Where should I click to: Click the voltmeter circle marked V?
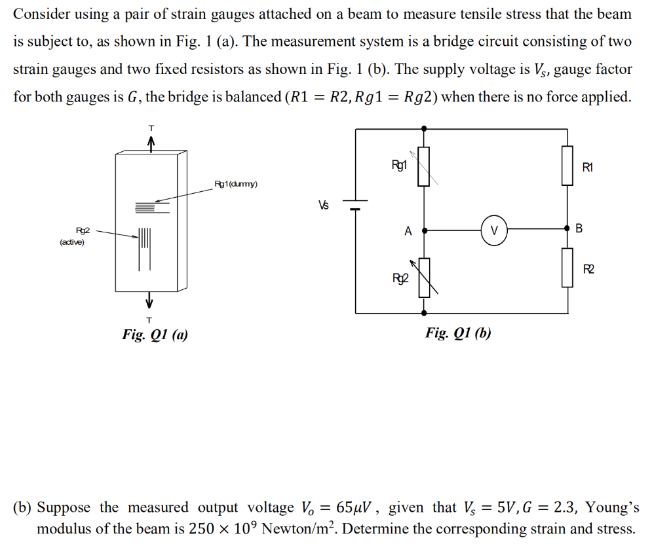click(495, 230)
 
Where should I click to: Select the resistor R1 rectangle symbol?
click(567, 166)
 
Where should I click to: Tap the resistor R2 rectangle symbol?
click(567, 268)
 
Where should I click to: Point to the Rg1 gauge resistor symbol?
click(425, 166)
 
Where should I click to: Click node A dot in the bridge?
click(425, 230)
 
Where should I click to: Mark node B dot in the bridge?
click(567, 229)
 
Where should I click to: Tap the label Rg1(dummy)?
click(236, 184)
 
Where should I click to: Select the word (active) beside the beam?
click(71, 243)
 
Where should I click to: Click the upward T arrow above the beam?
click(150, 142)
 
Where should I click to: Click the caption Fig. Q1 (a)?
click(155, 335)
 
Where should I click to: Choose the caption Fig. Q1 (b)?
click(458, 333)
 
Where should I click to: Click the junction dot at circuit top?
click(425, 129)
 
